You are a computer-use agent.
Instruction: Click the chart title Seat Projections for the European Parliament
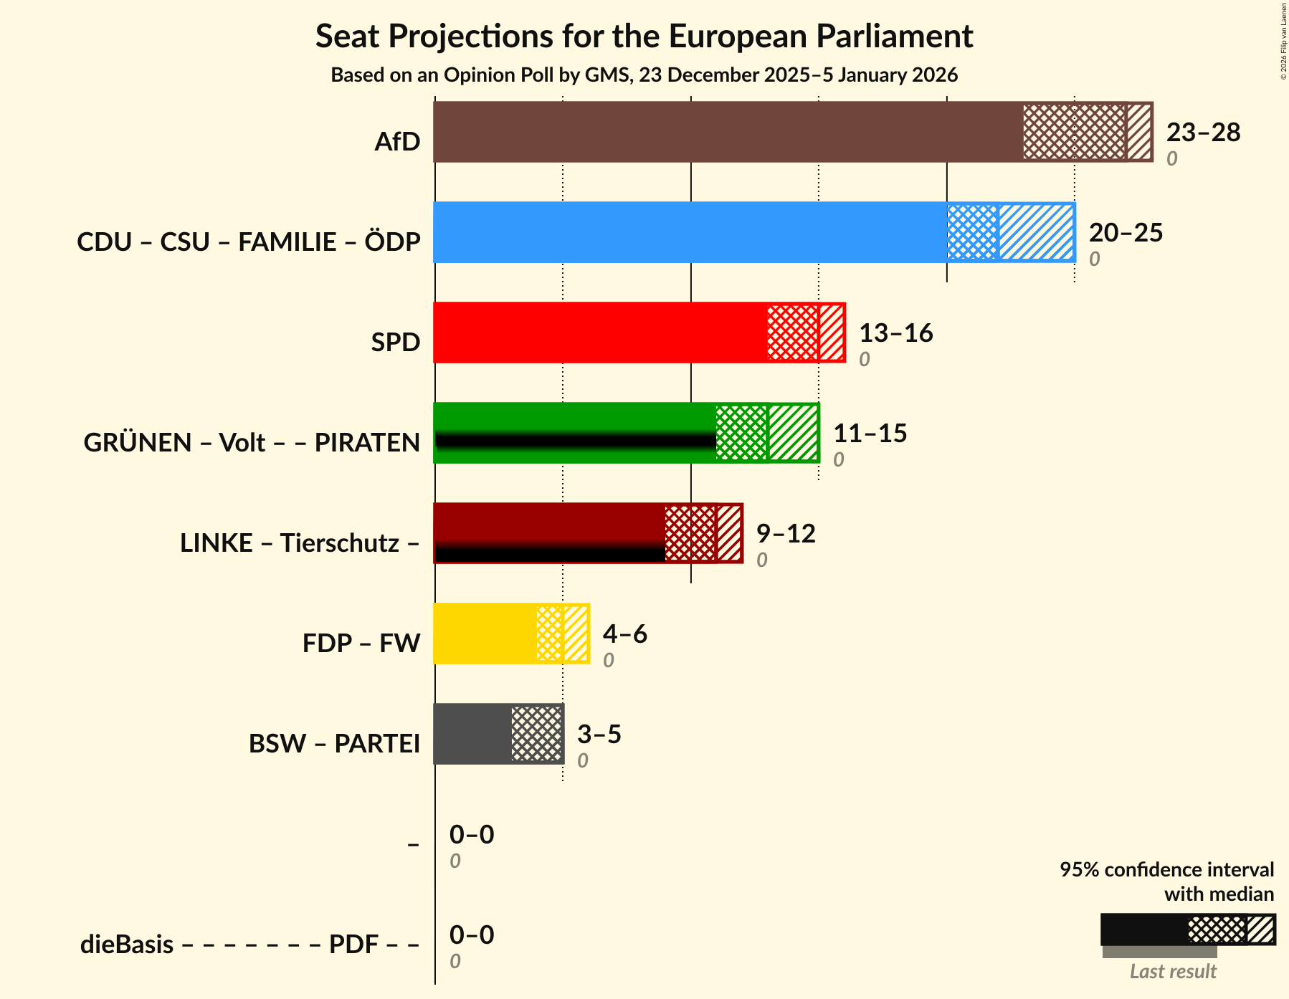(x=644, y=36)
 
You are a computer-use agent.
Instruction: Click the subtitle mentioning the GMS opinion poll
(x=644, y=75)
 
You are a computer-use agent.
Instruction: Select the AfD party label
(x=397, y=142)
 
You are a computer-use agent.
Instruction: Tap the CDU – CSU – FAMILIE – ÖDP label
(x=248, y=242)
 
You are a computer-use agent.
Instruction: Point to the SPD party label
(x=395, y=343)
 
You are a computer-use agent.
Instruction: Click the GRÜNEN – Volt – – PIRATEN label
(x=252, y=443)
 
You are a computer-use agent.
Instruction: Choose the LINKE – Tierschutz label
(x=300, y=543)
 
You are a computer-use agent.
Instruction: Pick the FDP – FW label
(x=361, y=644)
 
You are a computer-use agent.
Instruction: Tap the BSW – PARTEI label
(x=334, y=744)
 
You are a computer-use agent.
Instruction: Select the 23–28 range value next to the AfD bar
(x=1203, y=133)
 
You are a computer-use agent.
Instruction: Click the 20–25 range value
(x=1126, y=233)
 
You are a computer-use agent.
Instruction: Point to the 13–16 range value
(x=895, y=333)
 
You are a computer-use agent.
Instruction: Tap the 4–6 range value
(x=624, y=634)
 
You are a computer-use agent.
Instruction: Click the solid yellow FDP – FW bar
(x=485, y=634)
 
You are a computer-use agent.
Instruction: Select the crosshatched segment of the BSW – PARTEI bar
(x=536, y=734)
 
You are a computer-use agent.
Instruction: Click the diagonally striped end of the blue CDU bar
(x=1036, y=232)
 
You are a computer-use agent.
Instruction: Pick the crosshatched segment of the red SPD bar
(x=792, y=333)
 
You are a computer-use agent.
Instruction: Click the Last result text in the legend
(x=1173, y=972)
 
